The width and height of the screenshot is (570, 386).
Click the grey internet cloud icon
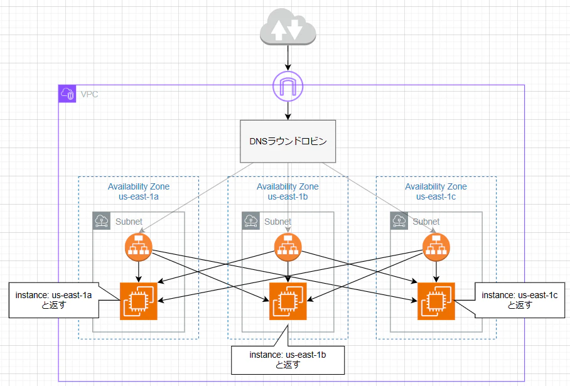tap(288, 26)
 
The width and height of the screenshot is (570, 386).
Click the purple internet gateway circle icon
tap(288, 87)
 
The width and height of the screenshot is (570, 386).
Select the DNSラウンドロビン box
tap(288, 141)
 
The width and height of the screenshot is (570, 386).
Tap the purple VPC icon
tap(67, 94)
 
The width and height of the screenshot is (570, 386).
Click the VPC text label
tap(89, 95)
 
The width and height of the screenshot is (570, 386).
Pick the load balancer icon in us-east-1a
tap(139, 247)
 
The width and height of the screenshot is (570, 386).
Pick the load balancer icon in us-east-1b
tap(288, 247)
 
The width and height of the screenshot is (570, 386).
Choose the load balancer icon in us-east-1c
tap(436, 247)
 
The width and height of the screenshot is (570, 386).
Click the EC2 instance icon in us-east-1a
tap(139, 301)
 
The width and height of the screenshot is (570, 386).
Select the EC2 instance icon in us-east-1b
tap(288, 301)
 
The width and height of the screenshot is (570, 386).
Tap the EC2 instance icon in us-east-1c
tap(436, 301)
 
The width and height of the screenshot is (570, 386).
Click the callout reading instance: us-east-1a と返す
tap(54, 300)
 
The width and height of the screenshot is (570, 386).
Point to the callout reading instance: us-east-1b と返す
tap(288, 360)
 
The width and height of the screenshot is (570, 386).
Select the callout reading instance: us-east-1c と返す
tap(520, 300)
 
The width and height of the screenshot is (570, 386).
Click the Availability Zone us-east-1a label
tap(139, 191)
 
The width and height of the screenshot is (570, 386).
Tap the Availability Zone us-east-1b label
tap(288, 191)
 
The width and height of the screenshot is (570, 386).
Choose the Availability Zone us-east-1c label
tap(436, 191)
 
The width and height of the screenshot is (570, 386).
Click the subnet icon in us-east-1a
tap(102, 221)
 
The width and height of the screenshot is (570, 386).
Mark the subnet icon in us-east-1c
tap(399, 221)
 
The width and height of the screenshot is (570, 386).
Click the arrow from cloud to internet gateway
tap(288, 58)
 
